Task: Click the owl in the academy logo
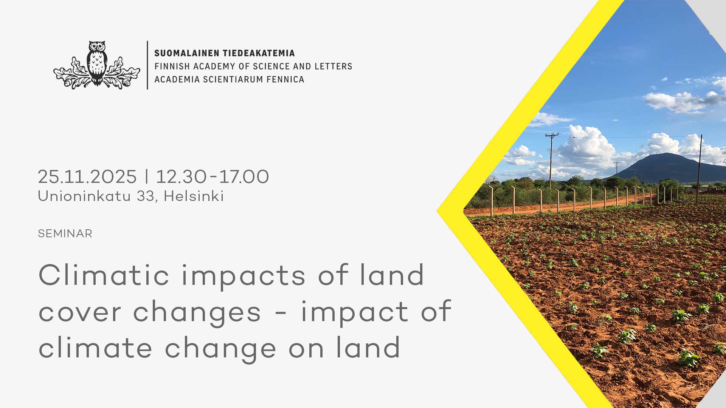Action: (97, 63)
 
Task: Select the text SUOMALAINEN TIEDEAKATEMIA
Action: (224, 53)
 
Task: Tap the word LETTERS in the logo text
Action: (333, 66)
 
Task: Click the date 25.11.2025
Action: (87, 176)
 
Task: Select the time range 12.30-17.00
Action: (213, 176)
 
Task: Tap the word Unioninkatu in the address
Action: (84, 196)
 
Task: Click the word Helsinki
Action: (194, 196)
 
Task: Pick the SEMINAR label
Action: (65, 233)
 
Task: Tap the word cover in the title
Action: (79, 313)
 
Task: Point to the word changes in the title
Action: (197, 313)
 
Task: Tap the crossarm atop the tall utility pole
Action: (552, 134)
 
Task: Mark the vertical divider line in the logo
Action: (147, 65)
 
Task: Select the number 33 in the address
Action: (146, 196)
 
